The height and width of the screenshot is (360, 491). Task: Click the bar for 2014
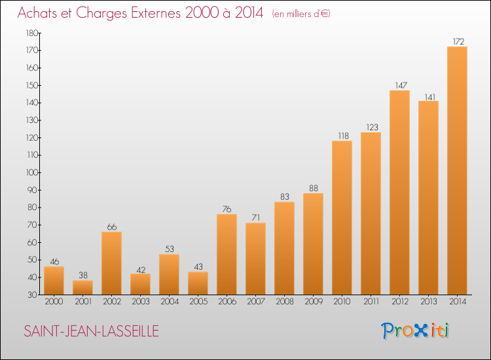(x=457, y=171)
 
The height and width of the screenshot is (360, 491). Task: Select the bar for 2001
(x=82, y=287)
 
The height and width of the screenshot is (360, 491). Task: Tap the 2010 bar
(x=342, y=217)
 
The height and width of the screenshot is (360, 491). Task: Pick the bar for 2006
(x=227, y=254)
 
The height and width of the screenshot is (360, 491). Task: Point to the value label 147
(x=401, y=85)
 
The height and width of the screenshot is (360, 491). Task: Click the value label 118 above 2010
(x=344, y=136)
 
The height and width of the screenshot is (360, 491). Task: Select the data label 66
(x=112, y=226)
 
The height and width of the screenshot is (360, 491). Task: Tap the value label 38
(x=83, y=275)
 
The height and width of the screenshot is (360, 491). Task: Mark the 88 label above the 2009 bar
(x=314, y=188)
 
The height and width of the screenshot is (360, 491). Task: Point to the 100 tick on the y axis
(x=32, y=173)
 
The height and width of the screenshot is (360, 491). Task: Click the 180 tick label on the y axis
(x=32, y=33)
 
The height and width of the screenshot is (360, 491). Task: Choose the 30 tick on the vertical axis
(x=33, y=295)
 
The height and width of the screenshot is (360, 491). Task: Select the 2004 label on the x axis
(x=170, y=302)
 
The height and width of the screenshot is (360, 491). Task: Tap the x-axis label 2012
(x=400, y=302)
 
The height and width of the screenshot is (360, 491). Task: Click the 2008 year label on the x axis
(x=285, y=302)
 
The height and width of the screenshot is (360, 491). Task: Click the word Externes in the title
(x=156, y=13)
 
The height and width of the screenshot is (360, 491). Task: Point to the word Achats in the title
(x=37, y=13)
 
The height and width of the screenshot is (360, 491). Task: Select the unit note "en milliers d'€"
(x=301, y=14)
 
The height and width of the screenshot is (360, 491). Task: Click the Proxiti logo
(x=415, y=331)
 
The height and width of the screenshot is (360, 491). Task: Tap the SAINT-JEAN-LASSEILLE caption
(x=91, y=331)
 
